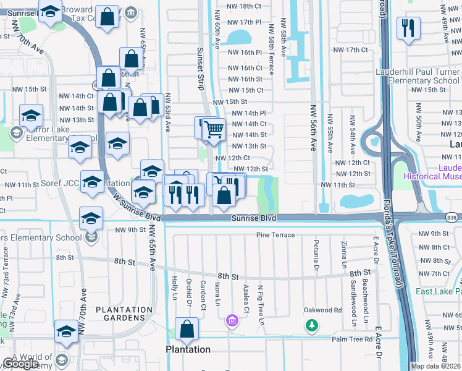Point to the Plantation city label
[x=188, y=349]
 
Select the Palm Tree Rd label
[x=352, y=339]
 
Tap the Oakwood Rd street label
[x=322, y=310]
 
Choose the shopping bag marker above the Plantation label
[x=187, y=330]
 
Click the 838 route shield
[x=453, y=216]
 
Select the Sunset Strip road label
[x=200, y=69]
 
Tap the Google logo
[x=20, y=364]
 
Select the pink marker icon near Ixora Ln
[x=232, y=320]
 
